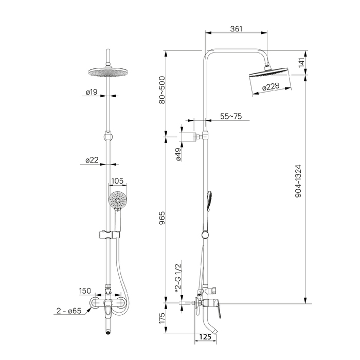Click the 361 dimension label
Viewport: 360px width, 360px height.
click(236, 29)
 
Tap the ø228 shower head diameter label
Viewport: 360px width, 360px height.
click(271, 87)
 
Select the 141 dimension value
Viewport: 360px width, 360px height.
click(302, 63)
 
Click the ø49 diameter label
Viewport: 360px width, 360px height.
click(177, 155)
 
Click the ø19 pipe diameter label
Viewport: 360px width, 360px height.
click(93, 93)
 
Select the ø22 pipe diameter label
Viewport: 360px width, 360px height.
click(93, 160)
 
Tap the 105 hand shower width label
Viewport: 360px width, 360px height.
click(118, 180)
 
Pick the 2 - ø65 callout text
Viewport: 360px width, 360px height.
click(70, 311)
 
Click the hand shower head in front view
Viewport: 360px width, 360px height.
click(118, 201)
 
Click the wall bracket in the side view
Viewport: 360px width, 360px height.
click(191, 137)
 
